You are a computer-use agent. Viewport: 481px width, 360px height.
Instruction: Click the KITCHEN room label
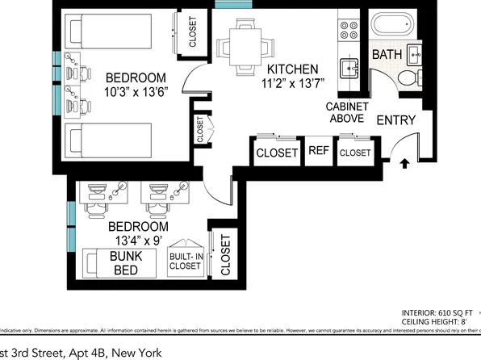point(292,69)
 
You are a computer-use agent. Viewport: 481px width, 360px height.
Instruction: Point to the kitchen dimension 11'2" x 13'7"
point(292,84)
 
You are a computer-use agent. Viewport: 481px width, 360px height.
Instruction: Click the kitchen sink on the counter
point(349,68)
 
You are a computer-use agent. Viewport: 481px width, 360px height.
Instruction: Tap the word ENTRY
point(396,121)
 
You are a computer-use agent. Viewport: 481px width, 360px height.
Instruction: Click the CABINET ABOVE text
point(348,115)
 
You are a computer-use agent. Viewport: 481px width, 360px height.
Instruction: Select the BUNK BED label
point(125,263)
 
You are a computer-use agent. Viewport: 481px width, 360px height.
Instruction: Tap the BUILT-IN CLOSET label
point(185,259)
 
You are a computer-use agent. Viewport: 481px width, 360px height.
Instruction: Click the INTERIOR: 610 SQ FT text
point(440,312)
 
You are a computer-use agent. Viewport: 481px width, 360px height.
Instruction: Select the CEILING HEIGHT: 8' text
point(440,320)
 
